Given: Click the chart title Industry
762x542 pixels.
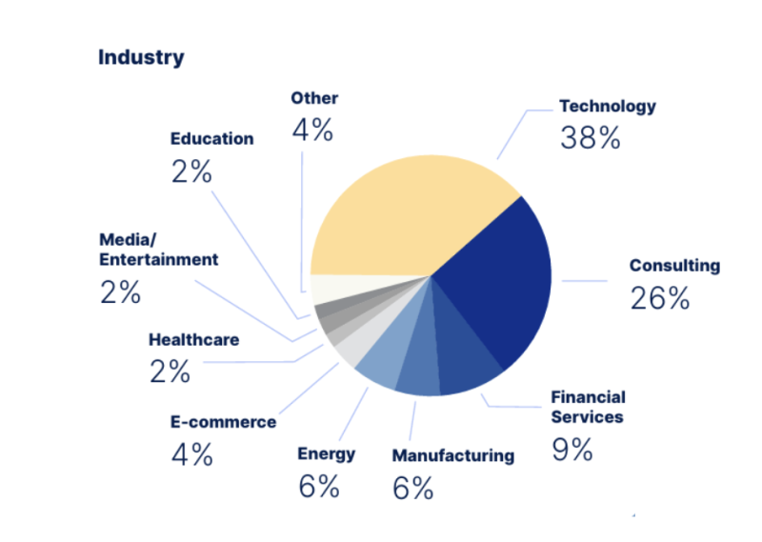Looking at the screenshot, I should [141, 57].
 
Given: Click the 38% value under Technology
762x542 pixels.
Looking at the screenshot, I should [590, 138].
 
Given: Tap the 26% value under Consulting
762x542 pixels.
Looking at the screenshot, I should [659, 298].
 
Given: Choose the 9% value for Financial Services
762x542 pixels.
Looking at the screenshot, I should [571, 449].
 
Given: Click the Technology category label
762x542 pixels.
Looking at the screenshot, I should [607, 106].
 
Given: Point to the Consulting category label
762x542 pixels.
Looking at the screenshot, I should [674, 266].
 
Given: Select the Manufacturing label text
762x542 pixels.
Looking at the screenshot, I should [452, 455].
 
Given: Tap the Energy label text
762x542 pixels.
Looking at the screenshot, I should [326, 453].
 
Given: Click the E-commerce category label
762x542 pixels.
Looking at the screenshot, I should [224, 422].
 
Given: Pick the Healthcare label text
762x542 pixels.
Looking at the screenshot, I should [193, 340].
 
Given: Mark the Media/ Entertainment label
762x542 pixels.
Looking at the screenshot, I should [159, 249].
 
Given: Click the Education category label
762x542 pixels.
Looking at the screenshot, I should [211, 138].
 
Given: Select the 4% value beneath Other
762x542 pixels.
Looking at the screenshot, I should [312, 130].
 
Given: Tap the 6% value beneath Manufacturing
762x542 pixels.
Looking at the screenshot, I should [412, 488].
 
